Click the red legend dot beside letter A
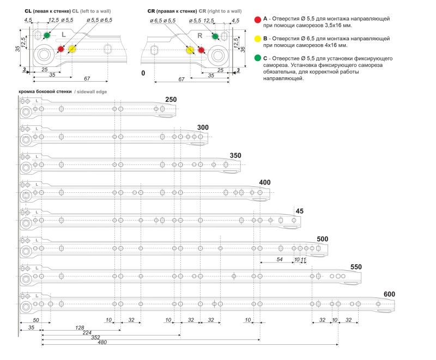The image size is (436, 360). pyautogui.click(x=257, y=20)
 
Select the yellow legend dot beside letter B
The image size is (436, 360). pyautogui.click(x=257, y=39)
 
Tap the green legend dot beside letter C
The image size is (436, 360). pyautogui.click(x=257, y=58)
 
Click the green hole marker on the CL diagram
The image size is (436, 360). pyautogui.click(x=47, y=35)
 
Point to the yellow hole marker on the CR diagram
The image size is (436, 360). pyautogui.click(x=190, y=50)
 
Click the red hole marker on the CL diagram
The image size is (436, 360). pyautogui.click(x=60, y=49)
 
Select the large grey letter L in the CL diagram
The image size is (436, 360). pyautogui.click(x=64, y=35)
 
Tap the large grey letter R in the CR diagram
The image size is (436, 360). pyautogui.click(x=199, y=36)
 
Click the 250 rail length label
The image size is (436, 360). pyautogui.click(x=171, y=100)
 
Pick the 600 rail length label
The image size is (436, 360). pyautogui.click(x=389, y=294)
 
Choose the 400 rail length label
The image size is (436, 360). pyautogui.click(x=264, y=182)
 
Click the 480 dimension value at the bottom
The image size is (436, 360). pyautogui.click(x=102, y=342)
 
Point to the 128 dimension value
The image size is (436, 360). pyautogui.click(x=80, y=328)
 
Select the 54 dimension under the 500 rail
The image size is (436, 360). pyautogui.click(x=280, y=259)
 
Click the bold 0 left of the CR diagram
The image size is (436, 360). pyautogui.click(x=143, y=73)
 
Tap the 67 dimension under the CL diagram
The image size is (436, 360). pyautogui.click(x=87, y=78)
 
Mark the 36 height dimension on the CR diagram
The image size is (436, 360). pyautogui.click(x=243, y=50)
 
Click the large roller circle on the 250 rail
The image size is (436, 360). pyautogui.click(x=26, y=113)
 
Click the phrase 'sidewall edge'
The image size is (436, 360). pyautogui.click(x=92, y=91)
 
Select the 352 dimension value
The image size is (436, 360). pyautogui.click(x=95, y=337)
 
